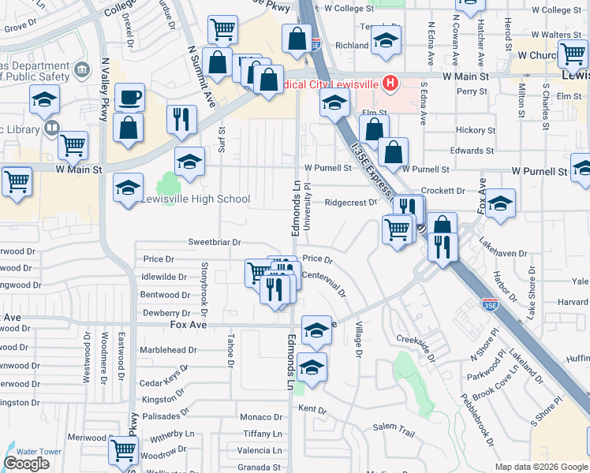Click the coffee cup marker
[129, 99]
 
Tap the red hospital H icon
[389, 82]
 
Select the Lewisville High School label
[196, 199]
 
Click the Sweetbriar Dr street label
[214, 243]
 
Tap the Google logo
[26, 464]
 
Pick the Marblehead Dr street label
[168, 350]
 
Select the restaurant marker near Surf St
[181, 120]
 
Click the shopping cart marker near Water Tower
[124, 451]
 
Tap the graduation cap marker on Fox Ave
[316, 331]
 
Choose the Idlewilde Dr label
[163, 277]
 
